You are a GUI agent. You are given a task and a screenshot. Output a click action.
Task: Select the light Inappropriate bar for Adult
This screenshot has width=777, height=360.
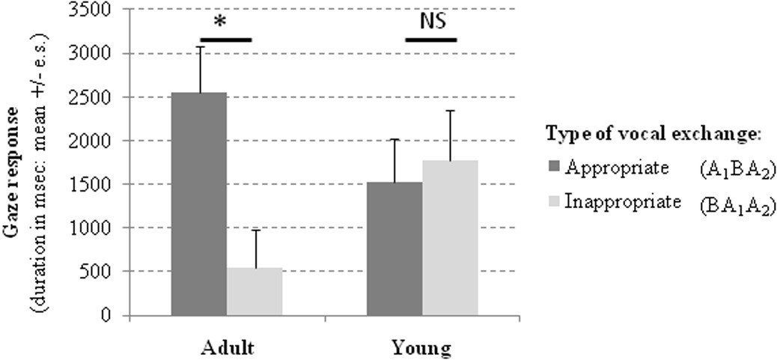255,291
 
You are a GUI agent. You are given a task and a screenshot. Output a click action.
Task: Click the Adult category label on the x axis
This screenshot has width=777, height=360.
226,348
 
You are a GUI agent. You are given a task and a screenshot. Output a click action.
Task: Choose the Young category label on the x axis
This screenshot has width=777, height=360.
423,348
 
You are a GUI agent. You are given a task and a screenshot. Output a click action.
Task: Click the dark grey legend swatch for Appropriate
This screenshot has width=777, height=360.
555,168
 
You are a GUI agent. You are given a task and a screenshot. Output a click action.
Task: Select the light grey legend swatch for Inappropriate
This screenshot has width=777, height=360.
555,201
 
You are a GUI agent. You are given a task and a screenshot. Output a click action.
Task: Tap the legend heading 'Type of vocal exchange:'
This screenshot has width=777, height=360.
653,133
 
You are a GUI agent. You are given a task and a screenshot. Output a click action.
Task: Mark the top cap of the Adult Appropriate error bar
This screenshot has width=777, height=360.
199,47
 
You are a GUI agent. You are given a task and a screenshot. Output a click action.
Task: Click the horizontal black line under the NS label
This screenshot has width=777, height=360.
430,38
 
